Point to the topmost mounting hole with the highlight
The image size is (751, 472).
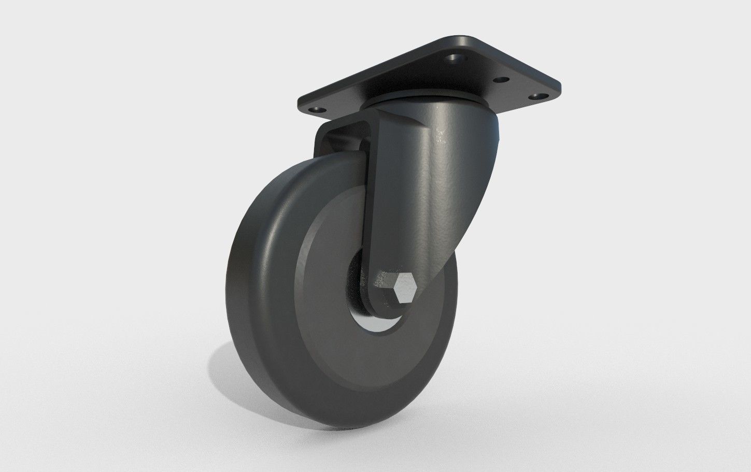[x=456, y=58]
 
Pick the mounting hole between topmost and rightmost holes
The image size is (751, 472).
[x=502, y=80]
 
